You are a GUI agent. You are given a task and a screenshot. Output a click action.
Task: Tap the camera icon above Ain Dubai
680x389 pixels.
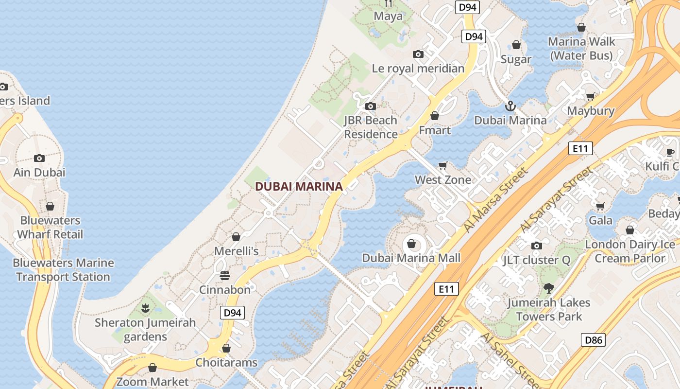(39, 158)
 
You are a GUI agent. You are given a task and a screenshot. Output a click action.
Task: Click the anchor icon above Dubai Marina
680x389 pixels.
(510, 106)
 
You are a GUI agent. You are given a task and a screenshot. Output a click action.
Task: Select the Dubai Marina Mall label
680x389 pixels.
(411, 258)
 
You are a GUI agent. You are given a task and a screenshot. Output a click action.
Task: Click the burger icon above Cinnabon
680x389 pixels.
(225, 276)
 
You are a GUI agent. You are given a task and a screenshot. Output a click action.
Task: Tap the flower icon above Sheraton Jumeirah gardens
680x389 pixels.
(145, 308)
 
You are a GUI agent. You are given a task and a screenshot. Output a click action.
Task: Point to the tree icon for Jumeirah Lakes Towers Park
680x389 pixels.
(549, 288)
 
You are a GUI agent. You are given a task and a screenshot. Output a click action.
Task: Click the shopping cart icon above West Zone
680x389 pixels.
(442, 166)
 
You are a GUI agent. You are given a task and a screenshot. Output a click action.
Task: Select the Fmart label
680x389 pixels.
(435, 130)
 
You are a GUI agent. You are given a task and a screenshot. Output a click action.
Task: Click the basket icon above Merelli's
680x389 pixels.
(236, 237)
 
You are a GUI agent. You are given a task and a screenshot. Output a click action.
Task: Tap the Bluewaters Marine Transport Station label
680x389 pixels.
(63, 270)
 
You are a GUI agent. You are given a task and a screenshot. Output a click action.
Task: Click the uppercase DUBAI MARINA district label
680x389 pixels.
(299, 186)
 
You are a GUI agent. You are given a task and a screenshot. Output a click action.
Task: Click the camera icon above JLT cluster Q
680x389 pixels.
(537, 246)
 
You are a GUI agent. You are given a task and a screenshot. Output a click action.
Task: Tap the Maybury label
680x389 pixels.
(591, 111)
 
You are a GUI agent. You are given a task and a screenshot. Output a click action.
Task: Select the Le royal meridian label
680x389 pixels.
(418, 69)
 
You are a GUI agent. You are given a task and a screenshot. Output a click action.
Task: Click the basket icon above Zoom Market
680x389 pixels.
(153, 368)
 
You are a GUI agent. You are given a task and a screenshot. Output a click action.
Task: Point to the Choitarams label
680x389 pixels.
(226, 362)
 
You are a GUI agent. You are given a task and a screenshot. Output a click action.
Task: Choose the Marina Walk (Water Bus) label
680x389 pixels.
(581, 49)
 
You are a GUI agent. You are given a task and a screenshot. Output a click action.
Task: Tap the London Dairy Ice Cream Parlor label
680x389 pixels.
(630, 251)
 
